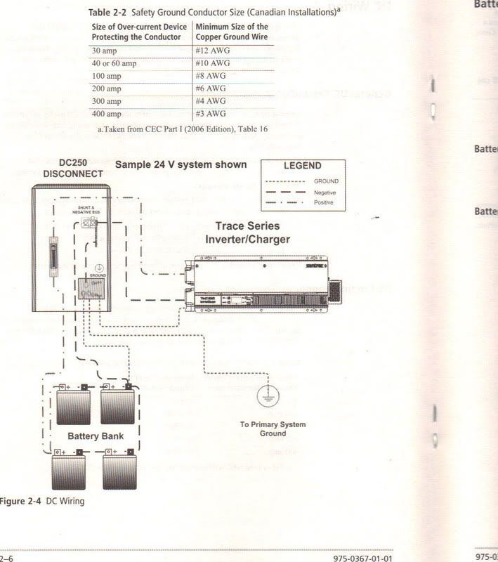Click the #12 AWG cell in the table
[x=213, y=51]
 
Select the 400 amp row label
[x=107, y=114]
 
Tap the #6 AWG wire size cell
[x=213, y=89]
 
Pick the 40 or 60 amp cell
[x=115, y=63]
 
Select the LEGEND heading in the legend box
[x=302, y=166]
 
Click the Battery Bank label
[x=96, y=436]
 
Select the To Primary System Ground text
[x=273, y=429]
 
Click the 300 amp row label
[x=107, y=101]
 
